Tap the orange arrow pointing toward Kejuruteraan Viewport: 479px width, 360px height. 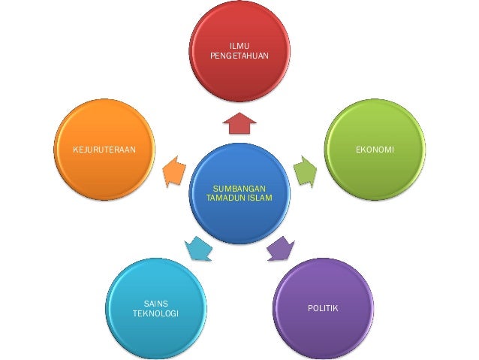174,171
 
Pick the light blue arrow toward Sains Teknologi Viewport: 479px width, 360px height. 198,248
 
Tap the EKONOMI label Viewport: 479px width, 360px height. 375,150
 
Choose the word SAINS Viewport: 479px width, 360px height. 155,303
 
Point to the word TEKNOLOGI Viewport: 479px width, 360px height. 155,313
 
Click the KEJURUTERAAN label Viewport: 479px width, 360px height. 104,150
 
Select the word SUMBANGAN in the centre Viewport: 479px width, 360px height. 239,188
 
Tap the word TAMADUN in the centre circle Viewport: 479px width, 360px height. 225,198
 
